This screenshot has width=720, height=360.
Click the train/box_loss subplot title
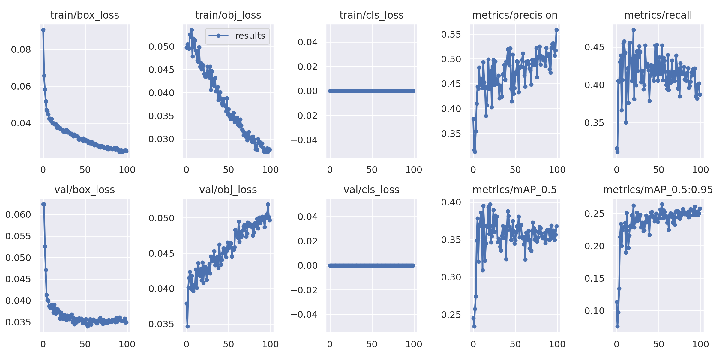[85, 15]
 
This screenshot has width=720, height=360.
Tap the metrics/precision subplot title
[515, 15]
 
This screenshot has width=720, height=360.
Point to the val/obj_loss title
[228, 190]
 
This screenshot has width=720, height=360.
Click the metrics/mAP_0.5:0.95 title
[658, 190]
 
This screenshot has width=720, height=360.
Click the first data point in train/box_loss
[43, 30]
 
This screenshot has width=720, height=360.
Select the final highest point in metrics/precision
[556, 30]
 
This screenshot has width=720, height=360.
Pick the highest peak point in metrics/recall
[634, 30]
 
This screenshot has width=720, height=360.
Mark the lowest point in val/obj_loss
[187, 326]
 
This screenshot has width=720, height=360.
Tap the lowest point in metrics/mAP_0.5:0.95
[617, 326]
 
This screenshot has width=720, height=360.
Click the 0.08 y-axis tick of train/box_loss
[21, 49]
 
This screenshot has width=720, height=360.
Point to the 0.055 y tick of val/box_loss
[18, 236]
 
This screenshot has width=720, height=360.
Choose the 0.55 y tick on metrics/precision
[451, 34]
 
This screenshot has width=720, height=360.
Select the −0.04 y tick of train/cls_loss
[304, 140]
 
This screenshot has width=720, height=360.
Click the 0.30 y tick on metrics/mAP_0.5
[451, 277]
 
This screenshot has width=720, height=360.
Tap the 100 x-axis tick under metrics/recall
[700, 169]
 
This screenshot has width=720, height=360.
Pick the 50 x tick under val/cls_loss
[372, 344]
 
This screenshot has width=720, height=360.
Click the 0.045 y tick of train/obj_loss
[161, 70]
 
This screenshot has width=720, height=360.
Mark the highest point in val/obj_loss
[268, 204]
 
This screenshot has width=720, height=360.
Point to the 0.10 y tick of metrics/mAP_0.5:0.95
[594, 311]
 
